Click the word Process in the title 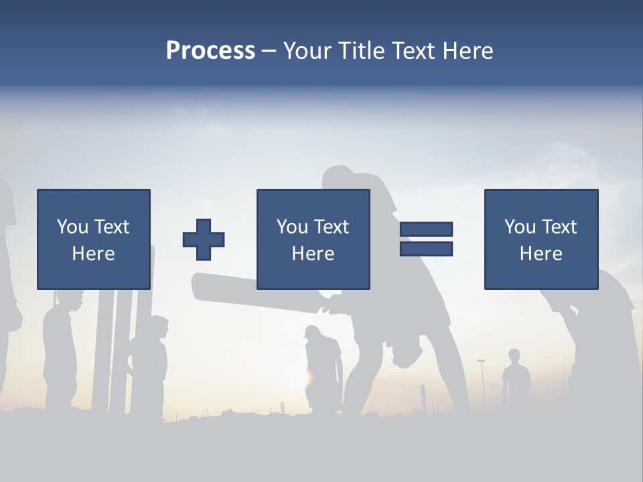click(x=210, y=51)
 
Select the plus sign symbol click(x=204, y=239)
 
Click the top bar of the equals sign click(x=426, y=229)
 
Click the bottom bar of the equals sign click(x=426, y=249)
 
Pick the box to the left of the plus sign click(x=94, y=239)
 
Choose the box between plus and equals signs click(x=313, y=239)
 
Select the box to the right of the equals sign click(x=541, y=239)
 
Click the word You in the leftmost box click(x=71, y=227)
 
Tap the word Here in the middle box click(x=313, y=254)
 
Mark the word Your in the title click(x=309, y=51)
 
